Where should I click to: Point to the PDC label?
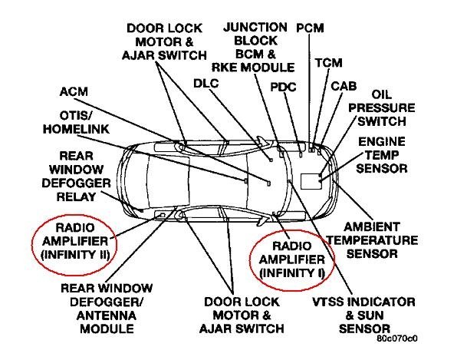(x=283, y=86)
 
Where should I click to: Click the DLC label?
(x=206, y=82)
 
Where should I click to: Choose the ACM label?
(x=74, y=92)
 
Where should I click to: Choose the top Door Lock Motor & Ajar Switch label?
(x=165, y=41)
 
